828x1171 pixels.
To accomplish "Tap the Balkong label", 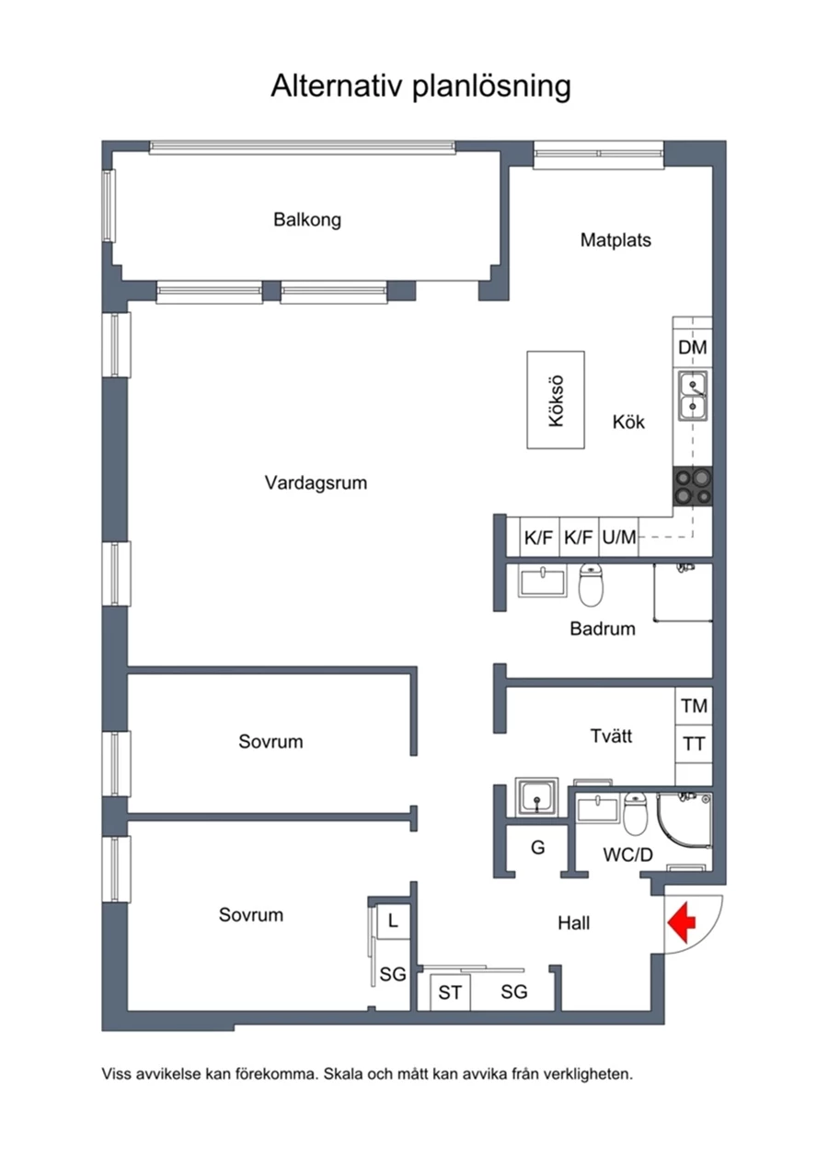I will (x=307, y=220).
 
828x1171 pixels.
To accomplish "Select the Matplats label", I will (x=615, y=240).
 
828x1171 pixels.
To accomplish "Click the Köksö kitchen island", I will (x=556, y=400).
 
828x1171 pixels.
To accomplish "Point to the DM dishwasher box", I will (x=693, y=348).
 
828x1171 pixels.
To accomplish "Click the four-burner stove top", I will (x=693, y=486).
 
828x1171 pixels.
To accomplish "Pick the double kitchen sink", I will (x=693, y=396).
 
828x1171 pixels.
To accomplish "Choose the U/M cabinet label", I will (x=619, y=538).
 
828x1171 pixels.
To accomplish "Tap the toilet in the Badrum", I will (x=591, y=584).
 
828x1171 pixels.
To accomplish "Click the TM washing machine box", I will (x=694, y=706).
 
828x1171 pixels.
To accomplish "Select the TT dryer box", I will (x=694, y=744).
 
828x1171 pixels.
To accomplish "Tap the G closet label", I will (x=538, y=847).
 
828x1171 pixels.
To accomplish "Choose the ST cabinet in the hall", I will (x=450, y=992).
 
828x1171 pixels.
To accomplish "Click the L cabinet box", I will (x=393, y=920).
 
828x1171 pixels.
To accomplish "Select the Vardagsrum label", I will (x=316, y=482).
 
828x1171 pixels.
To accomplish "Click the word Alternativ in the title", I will (x=336, y=86).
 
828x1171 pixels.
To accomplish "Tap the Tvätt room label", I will (x=611, y=736).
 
